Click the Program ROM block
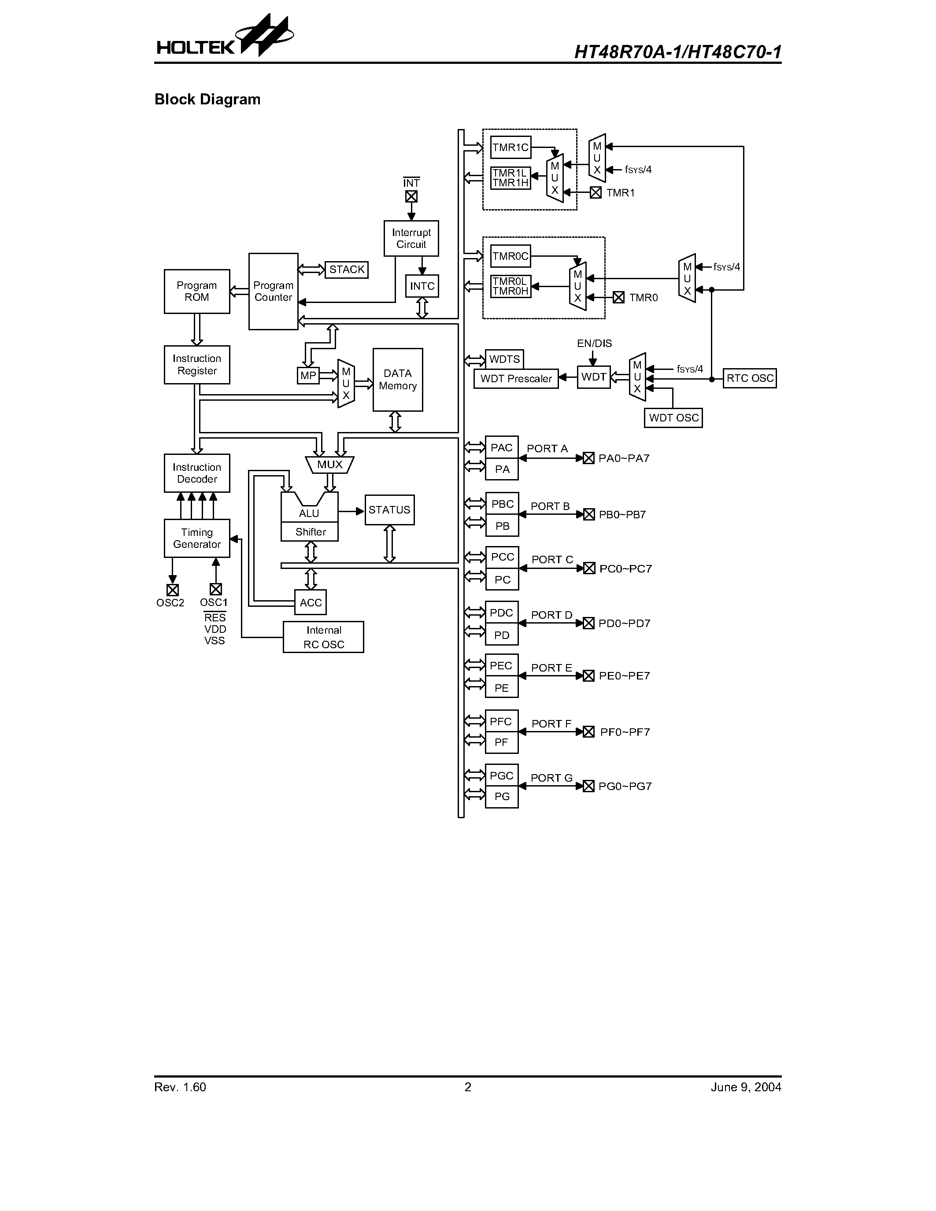tap(197, 292)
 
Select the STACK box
tap(347, 270)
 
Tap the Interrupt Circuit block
tap(411, 238)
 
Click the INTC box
tap(422, 286)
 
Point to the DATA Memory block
tap(398, 380)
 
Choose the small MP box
tap(308, 375)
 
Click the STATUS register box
tap(389, 510)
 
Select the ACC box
tap(311, 603)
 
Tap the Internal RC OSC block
tap(323, 637)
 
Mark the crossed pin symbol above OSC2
tap(173, 589)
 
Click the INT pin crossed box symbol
tap(411, 197)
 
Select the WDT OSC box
tap(673, 417)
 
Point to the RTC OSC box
tap(750, 378)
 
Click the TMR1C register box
tap(511, 148)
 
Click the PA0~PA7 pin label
tap(624, 458)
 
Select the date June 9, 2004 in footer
tap(746, 1087)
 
